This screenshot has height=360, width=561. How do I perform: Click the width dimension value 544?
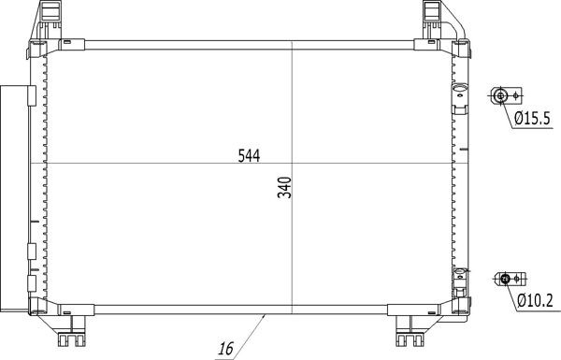tap(248, 157)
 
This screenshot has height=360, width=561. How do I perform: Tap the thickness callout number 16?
tap(225, 349)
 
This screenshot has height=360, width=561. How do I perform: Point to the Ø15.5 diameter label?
tap(534, 118)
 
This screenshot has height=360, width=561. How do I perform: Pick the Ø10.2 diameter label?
tap(534, 300)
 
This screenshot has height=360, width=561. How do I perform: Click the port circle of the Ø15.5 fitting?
tap(502, 95)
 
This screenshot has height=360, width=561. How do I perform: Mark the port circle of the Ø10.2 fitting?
tap(505, 278)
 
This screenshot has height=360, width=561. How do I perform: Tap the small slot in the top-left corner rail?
tap(67, 40)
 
